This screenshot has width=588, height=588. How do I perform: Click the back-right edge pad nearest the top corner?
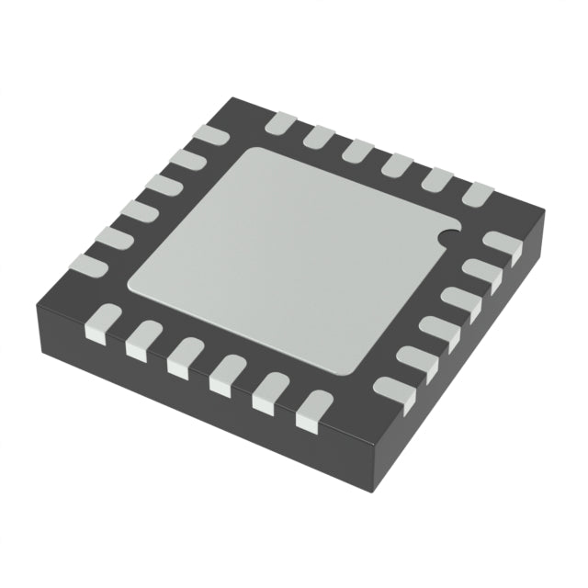[279, 122]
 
